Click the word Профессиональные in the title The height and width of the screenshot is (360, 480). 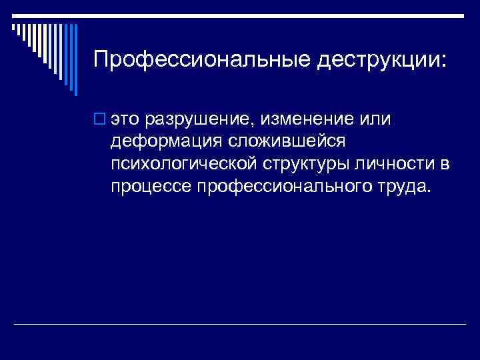pos(202,60)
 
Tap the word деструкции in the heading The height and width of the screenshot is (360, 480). pos(376,60)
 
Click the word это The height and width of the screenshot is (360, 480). pos(127,120)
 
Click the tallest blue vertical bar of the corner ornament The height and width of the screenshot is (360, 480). pos(75,59)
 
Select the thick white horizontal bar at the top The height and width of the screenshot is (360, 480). pos(240,14)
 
